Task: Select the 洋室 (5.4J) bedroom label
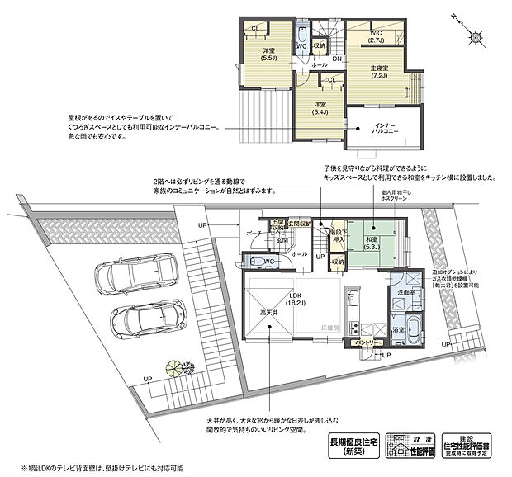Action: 320,107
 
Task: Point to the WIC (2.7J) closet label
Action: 373,35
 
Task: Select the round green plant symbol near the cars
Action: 175,365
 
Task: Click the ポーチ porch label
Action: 252,234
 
